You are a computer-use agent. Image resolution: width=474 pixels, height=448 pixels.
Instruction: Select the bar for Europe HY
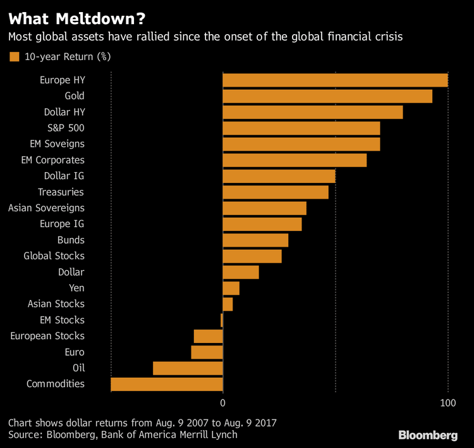click(x=335, y=80)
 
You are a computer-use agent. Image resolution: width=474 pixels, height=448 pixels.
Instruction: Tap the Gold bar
click(x=327, y=96)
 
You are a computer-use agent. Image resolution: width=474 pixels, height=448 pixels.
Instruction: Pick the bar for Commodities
click(x=167, y=384)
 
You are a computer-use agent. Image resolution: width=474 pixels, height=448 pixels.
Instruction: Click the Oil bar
click(x=188, y=368)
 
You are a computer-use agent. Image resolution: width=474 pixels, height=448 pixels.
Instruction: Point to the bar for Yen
click(x=231, y=289)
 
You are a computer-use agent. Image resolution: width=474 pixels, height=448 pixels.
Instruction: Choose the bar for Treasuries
click(x=276, y=192)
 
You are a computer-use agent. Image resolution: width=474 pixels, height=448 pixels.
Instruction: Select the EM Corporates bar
click(x=295, y=160)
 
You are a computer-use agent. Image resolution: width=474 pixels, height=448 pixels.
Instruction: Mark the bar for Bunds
click(x=255, y=240)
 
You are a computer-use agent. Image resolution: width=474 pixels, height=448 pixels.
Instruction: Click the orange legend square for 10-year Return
click(x=14, y=57)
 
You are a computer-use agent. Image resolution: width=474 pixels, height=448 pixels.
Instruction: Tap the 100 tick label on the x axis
click(x=447, y=402)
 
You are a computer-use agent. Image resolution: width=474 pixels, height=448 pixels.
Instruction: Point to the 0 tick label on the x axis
click(x=223, y=402)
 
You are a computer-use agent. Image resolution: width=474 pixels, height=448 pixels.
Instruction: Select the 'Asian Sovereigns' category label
click(x=46, y=208)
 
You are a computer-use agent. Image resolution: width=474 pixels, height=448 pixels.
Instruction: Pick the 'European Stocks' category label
click(x=47, y=336)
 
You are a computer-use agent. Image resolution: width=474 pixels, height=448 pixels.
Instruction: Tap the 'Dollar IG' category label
click(x=64, y=176)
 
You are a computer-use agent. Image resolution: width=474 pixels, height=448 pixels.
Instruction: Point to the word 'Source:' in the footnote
click(x=26, y=435)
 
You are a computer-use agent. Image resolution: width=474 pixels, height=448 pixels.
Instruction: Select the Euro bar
click(x=207, y=352)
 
